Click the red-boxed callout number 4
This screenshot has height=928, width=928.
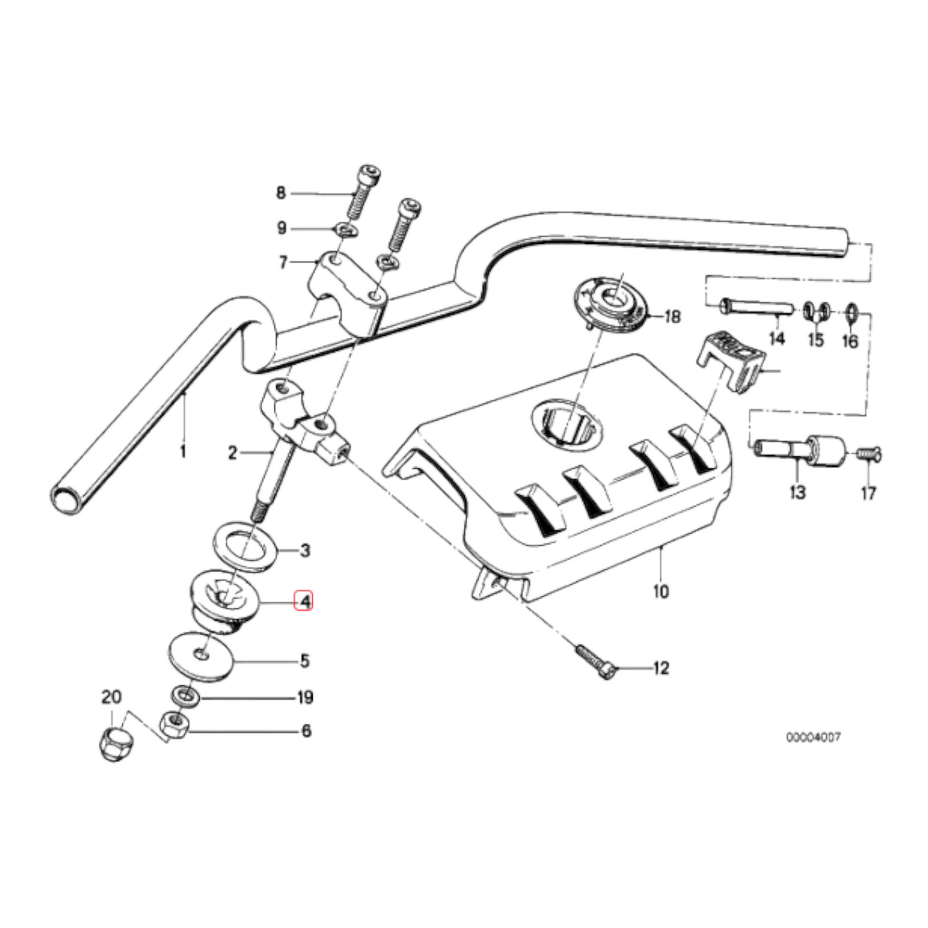pyautogui.click(x=303, y=602)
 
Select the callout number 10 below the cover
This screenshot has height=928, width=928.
pyautogui.click(x=661, y=591)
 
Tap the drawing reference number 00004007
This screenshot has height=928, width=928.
pyautogui.click(x=812, y=737)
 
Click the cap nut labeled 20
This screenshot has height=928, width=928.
pyautogui.click(x=113, y=743)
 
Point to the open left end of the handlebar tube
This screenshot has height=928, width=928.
pyautogui.click(x=66, y=498)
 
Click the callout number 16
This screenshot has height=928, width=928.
pyautogui.click(x=850, y=342)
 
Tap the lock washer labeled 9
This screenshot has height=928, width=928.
pyautogui.click(x=345, y=229)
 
